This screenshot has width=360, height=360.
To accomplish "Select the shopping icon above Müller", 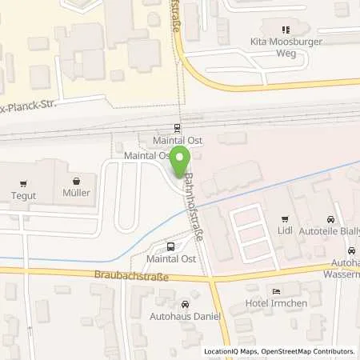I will [76, 180].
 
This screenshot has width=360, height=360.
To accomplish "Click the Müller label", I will [76, 193].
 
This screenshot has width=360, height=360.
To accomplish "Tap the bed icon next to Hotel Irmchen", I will [277, 290].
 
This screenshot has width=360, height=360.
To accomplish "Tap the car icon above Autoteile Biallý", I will [330, 218].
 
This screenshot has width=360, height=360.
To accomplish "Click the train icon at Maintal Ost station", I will [177, 126].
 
